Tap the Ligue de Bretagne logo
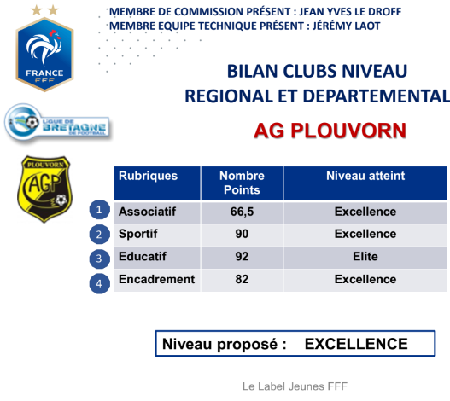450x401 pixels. pos(57,123)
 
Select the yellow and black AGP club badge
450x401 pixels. pos(45,189)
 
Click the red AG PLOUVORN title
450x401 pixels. pos(330,131)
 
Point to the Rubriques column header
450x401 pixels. pos(148,176)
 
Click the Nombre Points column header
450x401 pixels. pos(242,183)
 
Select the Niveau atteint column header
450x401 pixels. pos(365,176)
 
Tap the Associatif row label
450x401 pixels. pos(147,212)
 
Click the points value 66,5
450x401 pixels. pos(242,212)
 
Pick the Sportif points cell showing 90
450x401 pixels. pos(242,234)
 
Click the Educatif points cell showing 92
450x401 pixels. pos(242,257)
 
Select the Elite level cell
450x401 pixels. pos(365,257)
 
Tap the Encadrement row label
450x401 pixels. pos(157,279)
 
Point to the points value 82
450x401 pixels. pos(242,279)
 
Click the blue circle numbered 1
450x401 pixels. pos(99,209)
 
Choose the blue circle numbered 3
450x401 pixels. pos(99,259)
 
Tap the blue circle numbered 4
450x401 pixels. pos(99,283)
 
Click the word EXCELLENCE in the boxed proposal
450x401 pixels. pos(356,344)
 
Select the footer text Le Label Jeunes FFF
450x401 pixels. pos(295,386)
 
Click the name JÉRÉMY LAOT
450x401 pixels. pos(346,26)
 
